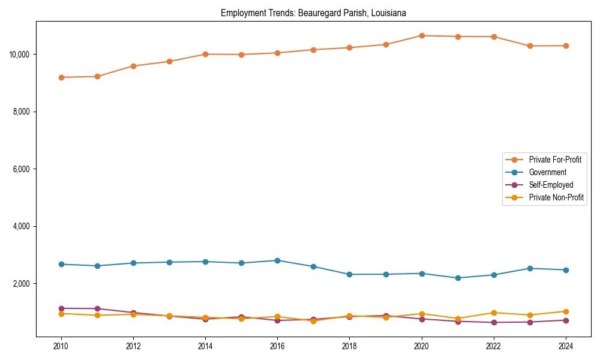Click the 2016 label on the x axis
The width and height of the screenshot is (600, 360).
(x=277, y=346)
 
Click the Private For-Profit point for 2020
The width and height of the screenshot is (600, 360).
(x=422, y=35)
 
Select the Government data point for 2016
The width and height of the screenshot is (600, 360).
(x=277, y=260)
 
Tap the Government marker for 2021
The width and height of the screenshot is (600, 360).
(x=458, y=278)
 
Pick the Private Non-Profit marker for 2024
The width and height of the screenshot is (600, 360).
(x=566, y=311)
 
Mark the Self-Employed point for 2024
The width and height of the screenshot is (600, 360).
(x=566, y=320)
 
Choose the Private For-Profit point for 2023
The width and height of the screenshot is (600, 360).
(x=530, y=46)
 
